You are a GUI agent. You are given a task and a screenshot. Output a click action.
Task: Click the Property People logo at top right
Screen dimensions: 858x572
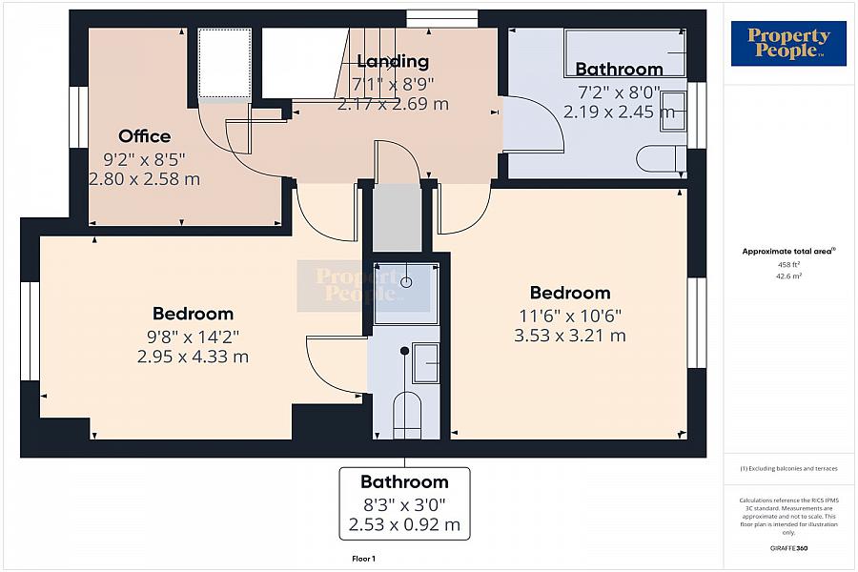(x=788, y=43)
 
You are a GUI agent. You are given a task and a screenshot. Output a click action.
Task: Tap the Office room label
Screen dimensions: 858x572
(x=145, y=135)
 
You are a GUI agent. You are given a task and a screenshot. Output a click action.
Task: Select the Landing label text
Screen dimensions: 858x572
(x=393, y=61)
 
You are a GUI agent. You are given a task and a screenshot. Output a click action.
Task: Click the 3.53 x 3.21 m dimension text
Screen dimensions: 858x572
(x=570, y=336)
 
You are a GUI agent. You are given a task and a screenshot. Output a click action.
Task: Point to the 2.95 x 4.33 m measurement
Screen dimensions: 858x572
(x=193, y=357)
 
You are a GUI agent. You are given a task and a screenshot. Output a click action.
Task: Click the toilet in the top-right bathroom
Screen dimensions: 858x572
(x=661, y=159)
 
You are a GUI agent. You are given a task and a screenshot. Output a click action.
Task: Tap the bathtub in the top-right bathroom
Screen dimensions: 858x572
(x=625, y=52)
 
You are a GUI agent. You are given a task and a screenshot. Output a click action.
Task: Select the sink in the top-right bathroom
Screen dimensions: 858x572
(x=673, y=112)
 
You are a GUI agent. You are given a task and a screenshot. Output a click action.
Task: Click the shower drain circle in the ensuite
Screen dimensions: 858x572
(x=406, y=282)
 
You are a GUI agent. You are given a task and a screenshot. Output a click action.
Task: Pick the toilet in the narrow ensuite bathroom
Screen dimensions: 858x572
(x=406, y=415)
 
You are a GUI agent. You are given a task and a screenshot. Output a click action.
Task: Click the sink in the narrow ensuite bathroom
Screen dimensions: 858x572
(x=425, y=363)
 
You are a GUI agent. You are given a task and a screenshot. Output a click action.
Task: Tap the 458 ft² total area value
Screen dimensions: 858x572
(x=788, y=264)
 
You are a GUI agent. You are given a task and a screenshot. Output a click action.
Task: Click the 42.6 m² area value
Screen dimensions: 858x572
(x=788, y=276)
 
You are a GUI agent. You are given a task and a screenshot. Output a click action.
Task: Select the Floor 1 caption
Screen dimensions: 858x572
(x=364, y=559)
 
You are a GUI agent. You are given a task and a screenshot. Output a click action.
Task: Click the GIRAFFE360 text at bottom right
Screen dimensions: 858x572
(x=788, y=548)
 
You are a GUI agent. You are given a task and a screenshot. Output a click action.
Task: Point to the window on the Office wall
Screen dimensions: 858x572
(x=79, y=116)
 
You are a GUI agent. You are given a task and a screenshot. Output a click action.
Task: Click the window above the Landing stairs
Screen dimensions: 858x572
(x=442, y=19)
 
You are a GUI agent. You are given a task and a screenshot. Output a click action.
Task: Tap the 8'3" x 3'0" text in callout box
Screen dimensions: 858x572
(x=404, y=504)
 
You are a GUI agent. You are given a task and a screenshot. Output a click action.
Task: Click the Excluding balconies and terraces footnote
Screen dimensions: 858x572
(x=788, y=468)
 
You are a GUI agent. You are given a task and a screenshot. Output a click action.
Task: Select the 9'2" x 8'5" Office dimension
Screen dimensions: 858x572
(x=145, y=159)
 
